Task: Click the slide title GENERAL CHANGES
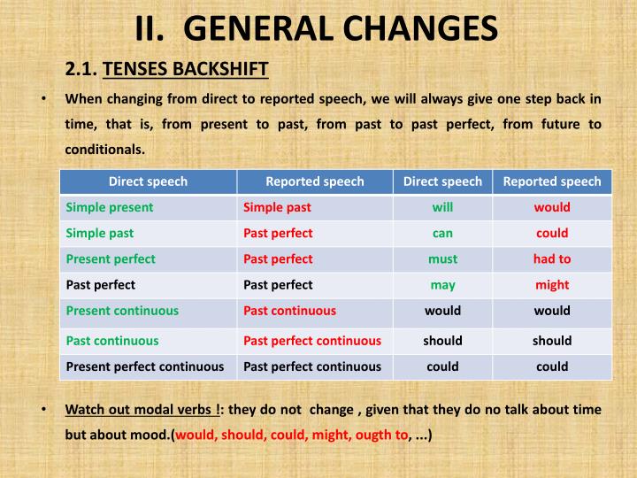(316, 28)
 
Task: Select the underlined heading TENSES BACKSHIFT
(186, 68)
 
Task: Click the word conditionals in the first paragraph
(104, 149)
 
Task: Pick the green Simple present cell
(110, 207)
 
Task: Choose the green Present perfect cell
(111, 258)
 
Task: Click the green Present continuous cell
(122, 311)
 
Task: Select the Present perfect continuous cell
(145, 366)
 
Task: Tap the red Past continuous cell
(289, 311)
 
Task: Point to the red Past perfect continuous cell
(312, 340)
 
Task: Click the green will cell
(442, 207)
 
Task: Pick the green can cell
(442, 234)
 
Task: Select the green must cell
(442, 258)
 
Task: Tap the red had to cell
(552, 258)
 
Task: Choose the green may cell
(442, 285)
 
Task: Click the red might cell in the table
(552, 285)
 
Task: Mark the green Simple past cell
(100, 234)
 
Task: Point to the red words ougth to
(380, 436)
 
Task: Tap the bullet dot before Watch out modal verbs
(44, 410)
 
